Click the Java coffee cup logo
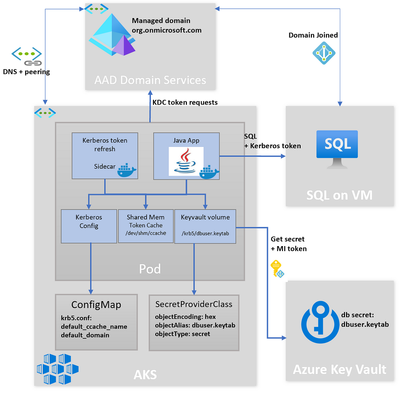(185, 161)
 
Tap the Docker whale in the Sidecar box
(126, 170)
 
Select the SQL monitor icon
(336, 149)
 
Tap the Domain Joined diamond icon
(324, 53)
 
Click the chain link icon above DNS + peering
(33, 63)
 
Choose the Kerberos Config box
(89, 226)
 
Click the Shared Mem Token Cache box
(145, 226)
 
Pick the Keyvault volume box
(205, 226)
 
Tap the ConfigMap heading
(96, 304)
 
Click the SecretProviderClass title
(194, 304)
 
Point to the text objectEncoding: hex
(185, 317)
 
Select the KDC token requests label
(185, 102)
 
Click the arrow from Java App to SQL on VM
(252, 156)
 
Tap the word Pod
(150, 269)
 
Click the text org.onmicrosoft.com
(166, 30)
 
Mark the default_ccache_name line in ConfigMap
(94, 326)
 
